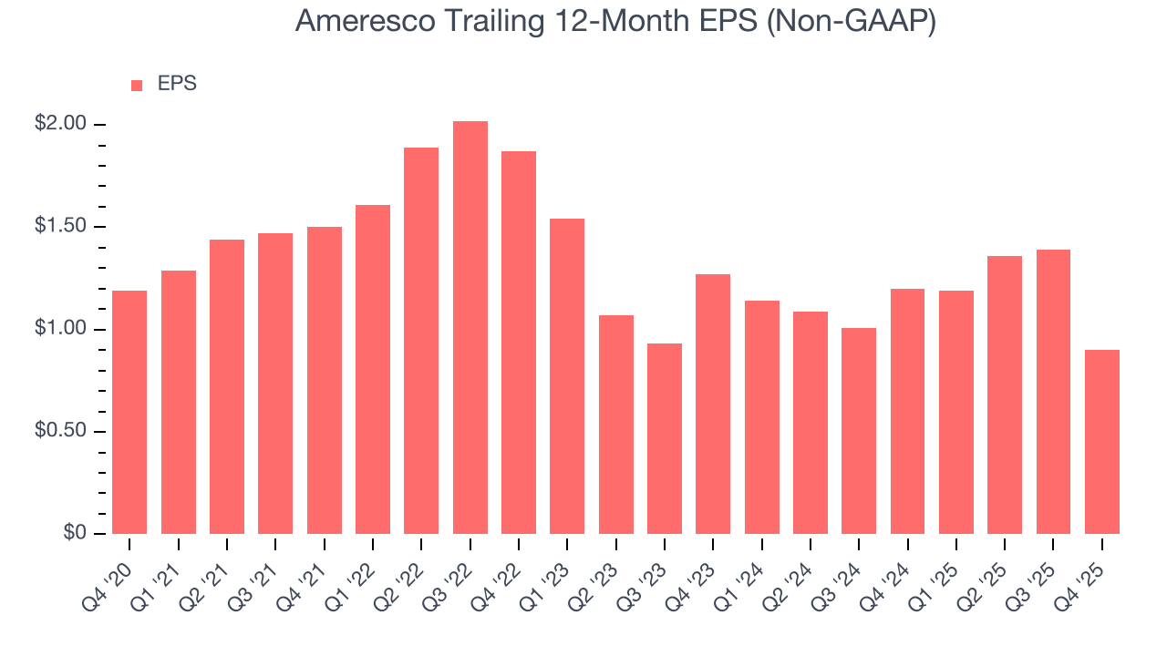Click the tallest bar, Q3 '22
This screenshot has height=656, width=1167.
coord(470,328)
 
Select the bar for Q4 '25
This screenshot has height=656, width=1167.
coord(1102,442)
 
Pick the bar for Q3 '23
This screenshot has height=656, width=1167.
coord(665,438)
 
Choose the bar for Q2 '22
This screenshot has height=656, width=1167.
coord(421,341)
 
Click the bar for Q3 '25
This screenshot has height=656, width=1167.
coord(1053,392)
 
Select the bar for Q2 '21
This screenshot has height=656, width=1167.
coord(227,386)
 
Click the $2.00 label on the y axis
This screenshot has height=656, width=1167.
coord(60,124)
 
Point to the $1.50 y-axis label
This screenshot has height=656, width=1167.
coord(60,226)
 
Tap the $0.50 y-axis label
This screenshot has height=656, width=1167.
coord(60,431)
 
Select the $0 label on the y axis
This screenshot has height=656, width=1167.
coord(73,533)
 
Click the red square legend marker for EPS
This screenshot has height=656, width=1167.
coord(137,85)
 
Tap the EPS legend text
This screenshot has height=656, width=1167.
coord(177,84)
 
